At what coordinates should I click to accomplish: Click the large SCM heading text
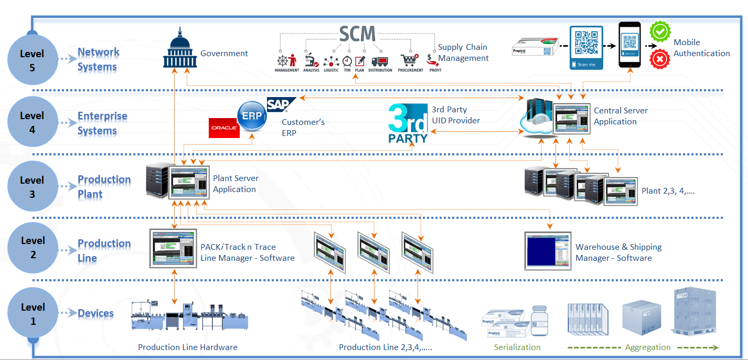pyautogui.click(x=357, y=34)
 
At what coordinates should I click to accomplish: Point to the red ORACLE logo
pyautogui.click(x=224, y=128)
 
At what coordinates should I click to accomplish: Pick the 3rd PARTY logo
pyautogui.click(x=408, y=124)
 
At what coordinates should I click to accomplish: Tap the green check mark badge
pyautogui.click(x=660, y=31)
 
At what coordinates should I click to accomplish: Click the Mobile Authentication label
pyautogui.click(x=701, y=48)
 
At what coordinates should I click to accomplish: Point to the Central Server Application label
pyautogui.click(x=620, y=116)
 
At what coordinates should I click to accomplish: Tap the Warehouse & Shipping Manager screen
pyautogui.click(x=548, y=251)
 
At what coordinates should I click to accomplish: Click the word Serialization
pyautogui.click(x=517, y=347)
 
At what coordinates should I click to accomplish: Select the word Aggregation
pyautogui.click(x=647, y=347)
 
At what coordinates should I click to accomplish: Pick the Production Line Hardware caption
pyautogui.click(x=187, y=347)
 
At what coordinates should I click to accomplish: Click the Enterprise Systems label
pyautogui.click(x=102, y=123)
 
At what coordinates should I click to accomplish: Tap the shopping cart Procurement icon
pyautogui.click(x=409, y=60)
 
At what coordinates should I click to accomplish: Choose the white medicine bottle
pyautogui.click(x=539, y=321)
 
